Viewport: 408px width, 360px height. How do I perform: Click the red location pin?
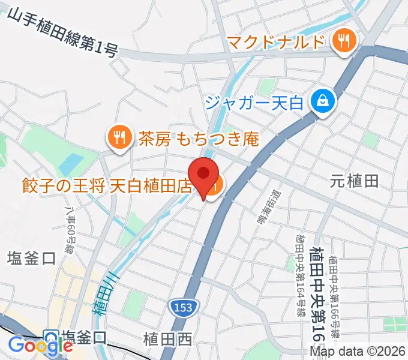[204, 175]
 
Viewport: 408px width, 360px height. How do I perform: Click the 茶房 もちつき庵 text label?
[199, 139]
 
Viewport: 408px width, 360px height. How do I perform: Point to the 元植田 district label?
[355, 180]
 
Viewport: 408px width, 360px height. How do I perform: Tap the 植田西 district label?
[168, 340]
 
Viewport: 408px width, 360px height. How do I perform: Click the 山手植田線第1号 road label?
[63, 33]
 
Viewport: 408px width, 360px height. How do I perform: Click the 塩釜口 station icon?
[51, 337]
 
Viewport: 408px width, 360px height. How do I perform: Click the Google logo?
[41, 345]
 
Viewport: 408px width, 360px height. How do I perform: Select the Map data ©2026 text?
[359, 352]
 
